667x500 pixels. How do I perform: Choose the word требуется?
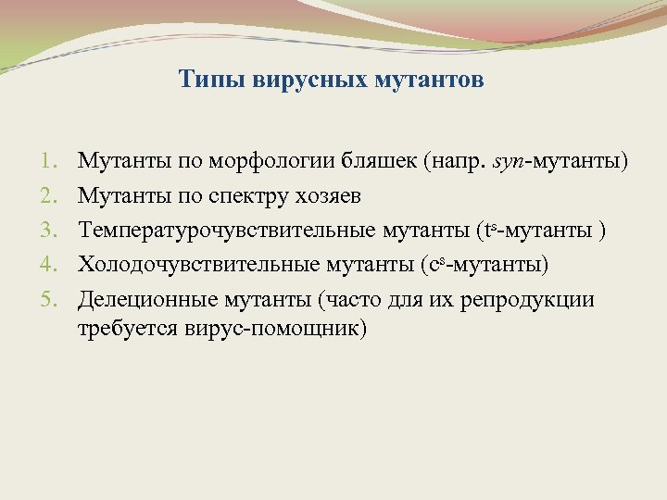click(x=120, y=330)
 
